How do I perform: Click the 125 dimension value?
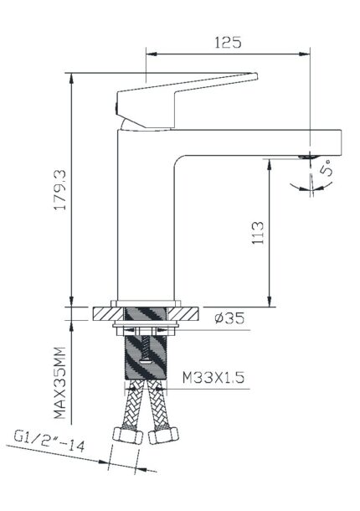click(x=228, y=43)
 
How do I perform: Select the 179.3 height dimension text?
click(x=60, y=189)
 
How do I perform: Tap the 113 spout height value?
click(x=258, y=233)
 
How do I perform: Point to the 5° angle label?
click(x=327, y=168)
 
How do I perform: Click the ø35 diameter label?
click(x=229, y=318)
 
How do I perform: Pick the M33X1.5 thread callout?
click(x=213, y=377)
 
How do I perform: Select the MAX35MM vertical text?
click(x=59, y=383)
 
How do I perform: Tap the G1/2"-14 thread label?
click(x=49, y=441)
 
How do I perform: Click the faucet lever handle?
click(x=183, y=98)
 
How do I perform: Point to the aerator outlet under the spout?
click(x=308, y=157)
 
